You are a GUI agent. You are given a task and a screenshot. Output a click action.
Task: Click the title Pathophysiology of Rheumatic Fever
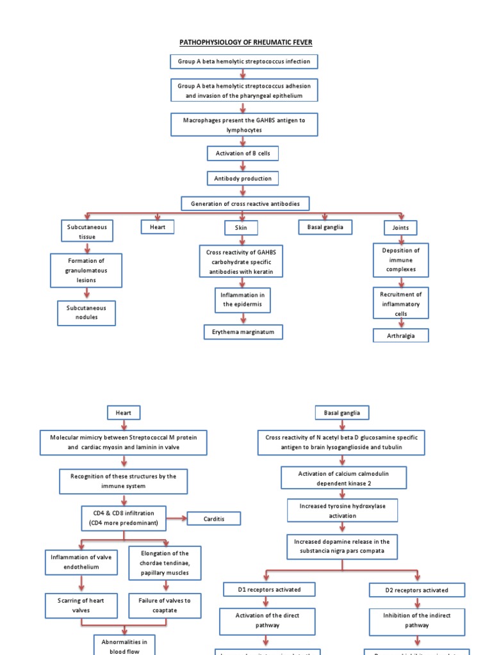245,42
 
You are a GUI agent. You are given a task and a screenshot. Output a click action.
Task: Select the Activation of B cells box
243,154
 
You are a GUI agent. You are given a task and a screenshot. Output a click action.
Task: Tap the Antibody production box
243,178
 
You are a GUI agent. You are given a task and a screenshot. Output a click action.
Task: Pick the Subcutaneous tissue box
87,232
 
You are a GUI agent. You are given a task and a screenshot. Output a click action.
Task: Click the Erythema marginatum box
243,332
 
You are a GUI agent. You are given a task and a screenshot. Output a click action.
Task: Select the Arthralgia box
400,336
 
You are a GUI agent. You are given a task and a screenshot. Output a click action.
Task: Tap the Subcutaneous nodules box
86,312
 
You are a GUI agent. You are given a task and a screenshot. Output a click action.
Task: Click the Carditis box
213,518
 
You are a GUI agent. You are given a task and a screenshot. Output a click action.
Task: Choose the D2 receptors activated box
417,590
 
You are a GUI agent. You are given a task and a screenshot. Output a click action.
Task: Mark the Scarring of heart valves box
81,605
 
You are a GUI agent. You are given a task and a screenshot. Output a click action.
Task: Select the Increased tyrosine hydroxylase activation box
341,510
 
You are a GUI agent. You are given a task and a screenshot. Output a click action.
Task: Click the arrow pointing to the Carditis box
176,518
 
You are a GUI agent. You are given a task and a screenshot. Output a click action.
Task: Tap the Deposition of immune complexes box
401,260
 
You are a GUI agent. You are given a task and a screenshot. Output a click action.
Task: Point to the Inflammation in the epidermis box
243,299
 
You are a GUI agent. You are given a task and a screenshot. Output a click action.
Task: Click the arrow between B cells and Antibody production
243,166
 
